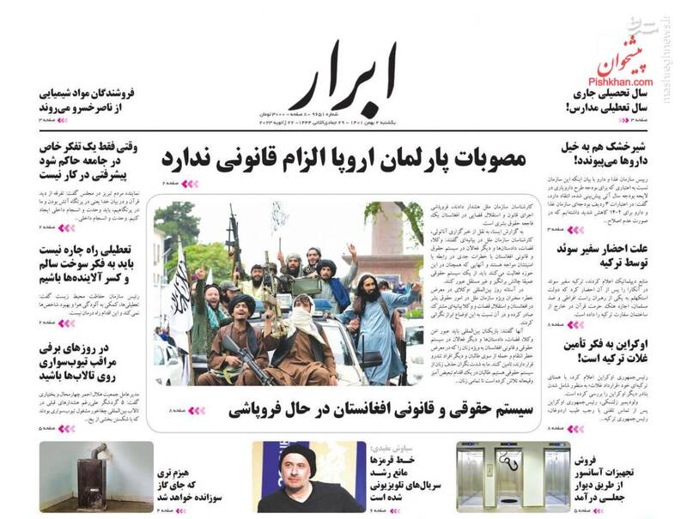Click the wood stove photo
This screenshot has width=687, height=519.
[x=95, y=477]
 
